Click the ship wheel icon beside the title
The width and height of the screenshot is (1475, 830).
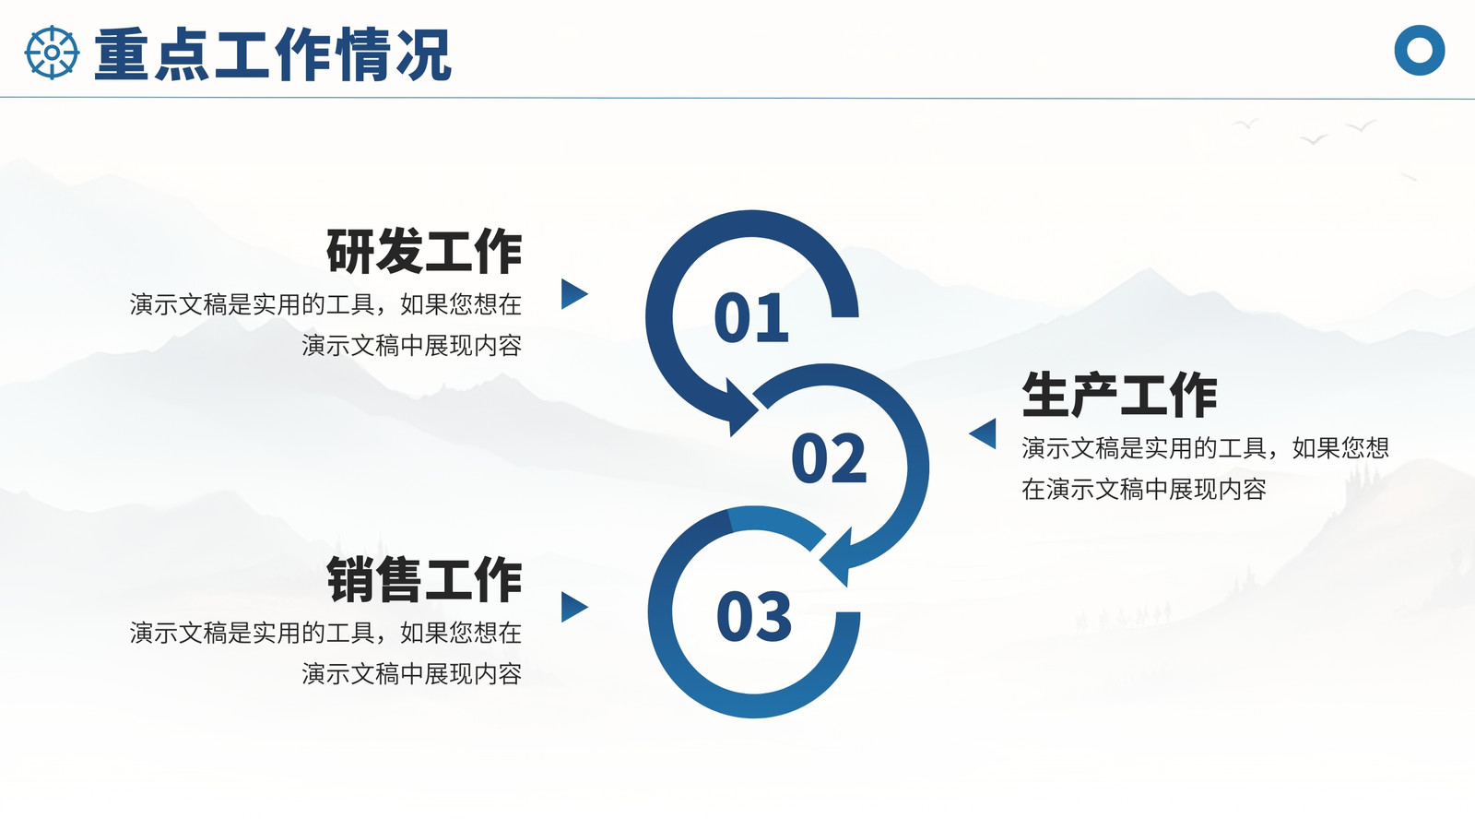point(52,53)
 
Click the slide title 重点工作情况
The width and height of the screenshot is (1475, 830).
point(273,54)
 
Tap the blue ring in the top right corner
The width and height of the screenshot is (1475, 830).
point(1419,50)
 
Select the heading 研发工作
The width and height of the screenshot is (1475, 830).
point(424,250)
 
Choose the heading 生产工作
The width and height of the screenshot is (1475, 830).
point(1119,394)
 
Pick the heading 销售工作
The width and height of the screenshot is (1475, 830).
point(424,579)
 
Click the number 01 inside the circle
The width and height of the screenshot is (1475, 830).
point(751,317)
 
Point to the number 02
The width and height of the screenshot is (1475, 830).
point(829,457)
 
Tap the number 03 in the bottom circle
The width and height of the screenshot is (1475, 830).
point(754,616)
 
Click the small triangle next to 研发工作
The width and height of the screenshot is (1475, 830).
point(572,294)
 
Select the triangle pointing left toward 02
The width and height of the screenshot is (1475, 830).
point(984,433)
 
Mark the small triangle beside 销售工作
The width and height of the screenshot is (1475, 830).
point(572,608)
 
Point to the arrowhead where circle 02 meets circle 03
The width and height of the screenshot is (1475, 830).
point(838,557)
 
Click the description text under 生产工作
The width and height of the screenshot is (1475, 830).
point(1205,468)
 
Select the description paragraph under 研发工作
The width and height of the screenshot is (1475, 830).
point(326,325)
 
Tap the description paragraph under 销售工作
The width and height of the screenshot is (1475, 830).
point(326,653)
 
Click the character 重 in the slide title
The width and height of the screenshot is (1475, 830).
point(122,54)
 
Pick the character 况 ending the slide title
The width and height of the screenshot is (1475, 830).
point(423,54)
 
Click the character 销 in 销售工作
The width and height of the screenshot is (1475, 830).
point(350,579)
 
